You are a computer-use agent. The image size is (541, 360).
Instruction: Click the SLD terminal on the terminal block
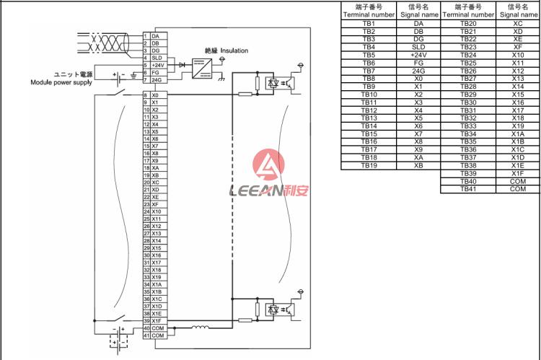coord(155,58)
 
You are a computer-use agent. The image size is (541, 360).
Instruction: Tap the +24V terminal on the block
coord(155,65)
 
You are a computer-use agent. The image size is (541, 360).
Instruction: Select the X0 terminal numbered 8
coord(155,95)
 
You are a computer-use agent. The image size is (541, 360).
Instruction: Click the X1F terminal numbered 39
coord(155,320)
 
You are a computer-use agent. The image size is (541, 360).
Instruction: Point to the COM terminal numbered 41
coord(155,335)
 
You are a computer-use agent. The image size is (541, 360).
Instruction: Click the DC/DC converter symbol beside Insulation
coord(202,69)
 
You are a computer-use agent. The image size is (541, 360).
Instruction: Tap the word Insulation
coord(234,51)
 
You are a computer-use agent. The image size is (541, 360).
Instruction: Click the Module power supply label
coord(61,82)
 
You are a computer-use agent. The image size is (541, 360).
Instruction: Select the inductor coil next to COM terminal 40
coord(200,327)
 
